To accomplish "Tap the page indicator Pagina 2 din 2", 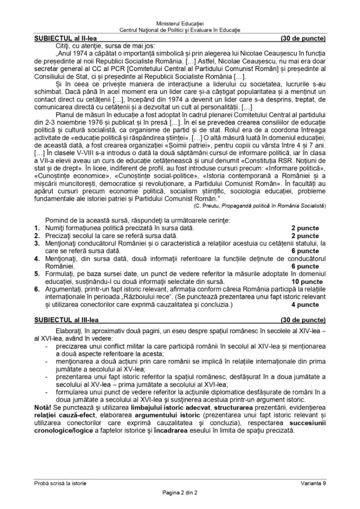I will tap(180, 493).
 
